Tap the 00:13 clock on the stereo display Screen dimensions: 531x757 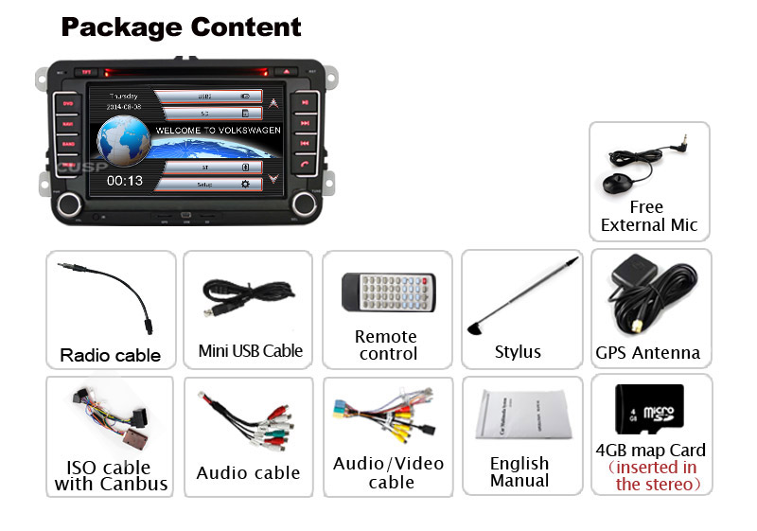point(125,180)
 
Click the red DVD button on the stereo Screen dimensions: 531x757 point(67,103)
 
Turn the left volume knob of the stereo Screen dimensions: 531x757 point(69,204)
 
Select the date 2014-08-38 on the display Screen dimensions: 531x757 point(125,108)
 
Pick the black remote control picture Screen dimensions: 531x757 point(388,292)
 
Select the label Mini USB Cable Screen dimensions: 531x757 point(251,351)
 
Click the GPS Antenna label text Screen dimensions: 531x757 point(648,353)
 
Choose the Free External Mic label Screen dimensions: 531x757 point(649,216)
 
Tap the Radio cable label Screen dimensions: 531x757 point(111,356)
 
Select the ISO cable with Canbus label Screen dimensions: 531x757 point(111,476)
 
